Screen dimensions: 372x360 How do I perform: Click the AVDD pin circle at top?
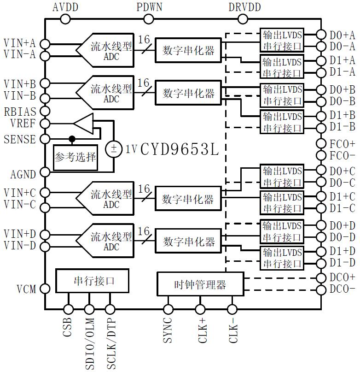tap(65, 19)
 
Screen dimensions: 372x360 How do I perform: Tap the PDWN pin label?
tap(148, 7)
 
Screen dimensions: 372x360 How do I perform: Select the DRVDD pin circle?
tap(242, 19)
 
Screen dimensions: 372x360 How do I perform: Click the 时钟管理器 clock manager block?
tap(200, 284)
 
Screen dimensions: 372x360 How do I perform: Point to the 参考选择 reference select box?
tap(75, 157)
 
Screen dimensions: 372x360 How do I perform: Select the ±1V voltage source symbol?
tap(113, 148)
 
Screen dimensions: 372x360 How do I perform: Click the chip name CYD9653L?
tap(179, 149)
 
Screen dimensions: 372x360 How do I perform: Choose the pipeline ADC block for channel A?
tap(105, 50)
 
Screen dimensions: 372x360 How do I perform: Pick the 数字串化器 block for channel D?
tap(189, 241)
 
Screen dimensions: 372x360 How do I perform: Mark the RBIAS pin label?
tap(19, 112)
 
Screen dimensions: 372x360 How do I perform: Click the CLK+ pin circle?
tap(200, 309)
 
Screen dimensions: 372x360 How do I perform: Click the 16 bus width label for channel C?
tap(144, 189)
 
